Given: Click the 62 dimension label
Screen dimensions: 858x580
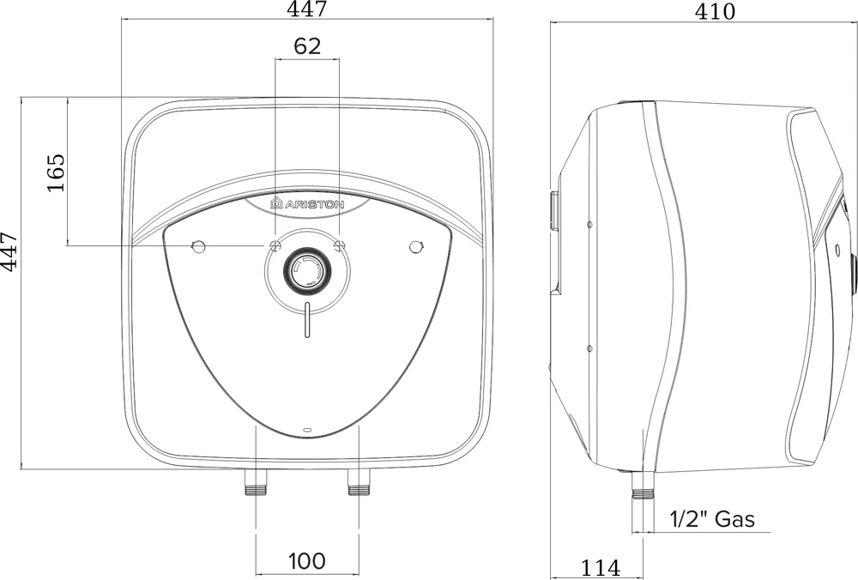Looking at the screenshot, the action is pos(307,46).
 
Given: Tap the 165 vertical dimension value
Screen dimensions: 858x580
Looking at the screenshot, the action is pos(56,172).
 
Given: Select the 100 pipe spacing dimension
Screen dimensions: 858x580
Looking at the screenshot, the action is pos(307,561).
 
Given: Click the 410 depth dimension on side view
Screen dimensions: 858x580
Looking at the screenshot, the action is pos(716,11).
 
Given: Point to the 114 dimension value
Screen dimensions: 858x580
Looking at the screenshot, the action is pos(601,569).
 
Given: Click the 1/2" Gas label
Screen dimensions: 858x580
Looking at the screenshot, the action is pos(712,519).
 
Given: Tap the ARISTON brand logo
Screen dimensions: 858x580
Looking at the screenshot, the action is pos(307,204).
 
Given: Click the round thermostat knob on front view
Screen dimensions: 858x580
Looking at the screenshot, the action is pos(307,270).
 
